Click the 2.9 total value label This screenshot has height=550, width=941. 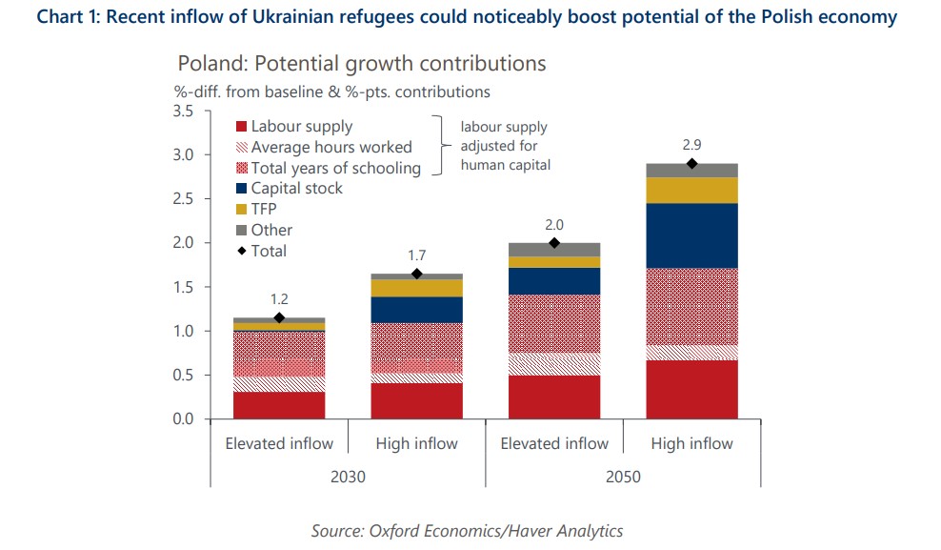coord(692,146)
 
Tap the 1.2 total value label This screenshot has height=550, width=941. coord(279,299)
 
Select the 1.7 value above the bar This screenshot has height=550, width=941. coord(416,255)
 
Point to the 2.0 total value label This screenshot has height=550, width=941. coord(554,224)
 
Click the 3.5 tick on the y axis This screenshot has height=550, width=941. coord(183,112)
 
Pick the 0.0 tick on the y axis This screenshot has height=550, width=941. coord(183,419)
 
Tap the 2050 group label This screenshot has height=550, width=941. coord(623,477)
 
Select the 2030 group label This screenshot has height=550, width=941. coord(348,477)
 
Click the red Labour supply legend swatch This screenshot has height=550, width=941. coord(241,127)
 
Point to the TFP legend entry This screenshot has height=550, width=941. coord(264,210)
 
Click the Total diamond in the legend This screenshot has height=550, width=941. coord(241,252)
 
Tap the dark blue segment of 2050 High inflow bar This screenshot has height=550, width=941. coord(692,235)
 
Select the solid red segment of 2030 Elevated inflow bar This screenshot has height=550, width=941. coord(279,405)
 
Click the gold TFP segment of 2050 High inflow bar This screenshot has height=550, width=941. coord(692,190)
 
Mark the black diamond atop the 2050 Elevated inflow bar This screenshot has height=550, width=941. coord(554,243)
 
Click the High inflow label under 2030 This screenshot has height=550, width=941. coord(416,443)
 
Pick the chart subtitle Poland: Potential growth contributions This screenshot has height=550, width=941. coord(361,64)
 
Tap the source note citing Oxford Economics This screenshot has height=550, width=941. coord(467,530)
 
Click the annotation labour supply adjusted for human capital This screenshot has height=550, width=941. coord(504,146)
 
